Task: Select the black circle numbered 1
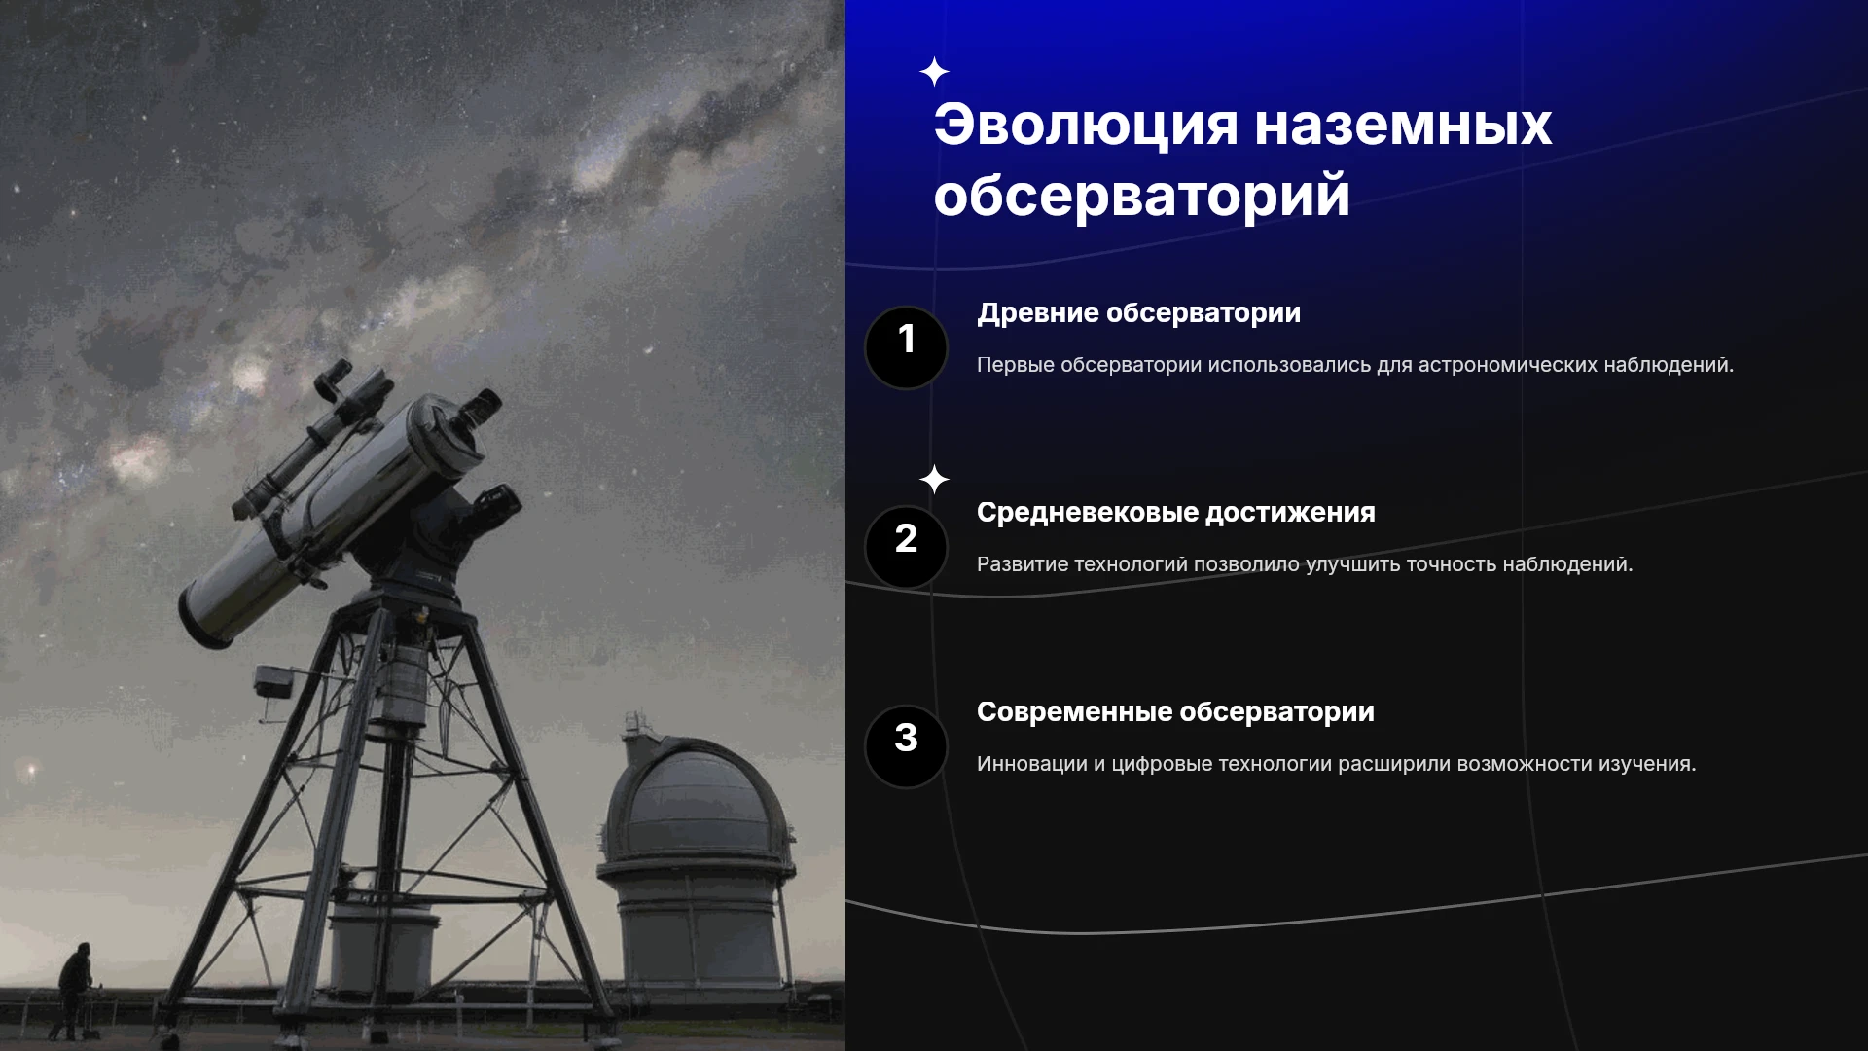coord(906,347)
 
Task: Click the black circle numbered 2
coord(906,547)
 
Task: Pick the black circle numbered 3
coord(906,746)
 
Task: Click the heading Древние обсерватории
coord(1138,313)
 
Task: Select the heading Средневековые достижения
coord(1175,513)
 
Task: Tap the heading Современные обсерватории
coord(1175,712)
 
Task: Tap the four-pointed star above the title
coord(934,72)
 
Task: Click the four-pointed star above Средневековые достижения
coord(934,480)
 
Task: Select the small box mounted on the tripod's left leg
coord(273,680)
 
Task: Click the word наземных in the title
coord(1403,126)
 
